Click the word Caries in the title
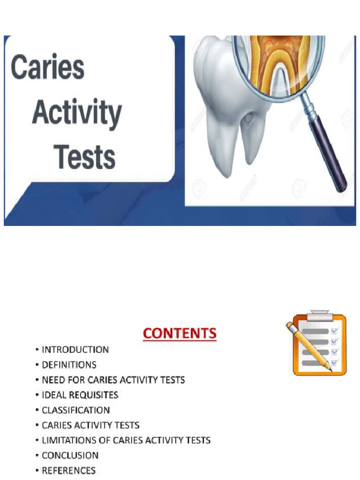(x=48, y=67)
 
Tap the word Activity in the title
(x=77, y=113)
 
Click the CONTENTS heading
(x=180, y=333)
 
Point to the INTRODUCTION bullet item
(x=75, y=349)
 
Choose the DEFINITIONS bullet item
(x=69, y=364)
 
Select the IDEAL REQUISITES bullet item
(x=80, y=395)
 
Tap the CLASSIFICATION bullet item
(x=75, y=410)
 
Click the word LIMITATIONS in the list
(x=71, y=440)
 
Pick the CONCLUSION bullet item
(x=70, y=455)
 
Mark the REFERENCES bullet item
(x=68, y=470)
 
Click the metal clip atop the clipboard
(x=320, y=313)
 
